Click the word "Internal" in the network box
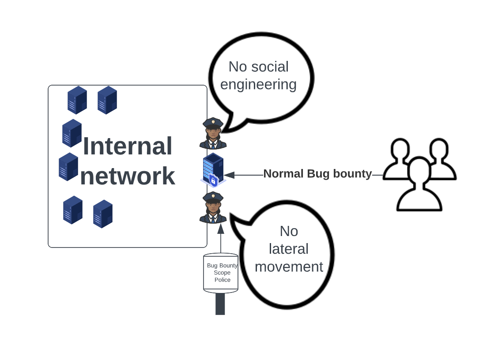click(127, 146)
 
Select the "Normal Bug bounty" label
click(317, 174)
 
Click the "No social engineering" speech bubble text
click(258, 75)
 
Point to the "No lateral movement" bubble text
click(289, 249)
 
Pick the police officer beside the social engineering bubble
click(213, 133)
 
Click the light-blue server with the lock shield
click(213, 169)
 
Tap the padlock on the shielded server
click(213, 180)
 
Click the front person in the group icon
click(419, 185)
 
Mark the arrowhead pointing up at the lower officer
click(221, 229)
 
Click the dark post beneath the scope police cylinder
click(220, 304)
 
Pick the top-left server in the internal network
click(77, 100)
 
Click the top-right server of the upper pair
click(107, 100)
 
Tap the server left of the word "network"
click(68, 166)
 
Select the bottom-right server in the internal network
click(102, 214)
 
